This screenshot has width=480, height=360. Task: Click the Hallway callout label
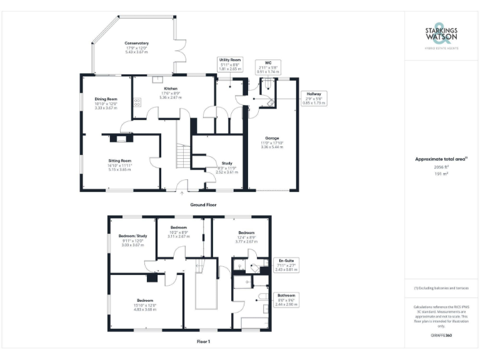313,97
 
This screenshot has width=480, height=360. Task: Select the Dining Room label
106,103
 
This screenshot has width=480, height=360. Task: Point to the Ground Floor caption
203,204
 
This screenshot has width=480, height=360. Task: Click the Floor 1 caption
203,341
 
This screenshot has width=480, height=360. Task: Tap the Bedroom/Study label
131,241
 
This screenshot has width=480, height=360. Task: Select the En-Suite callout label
286,264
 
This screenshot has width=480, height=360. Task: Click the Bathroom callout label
287,299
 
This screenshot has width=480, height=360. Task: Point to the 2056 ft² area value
441,167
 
